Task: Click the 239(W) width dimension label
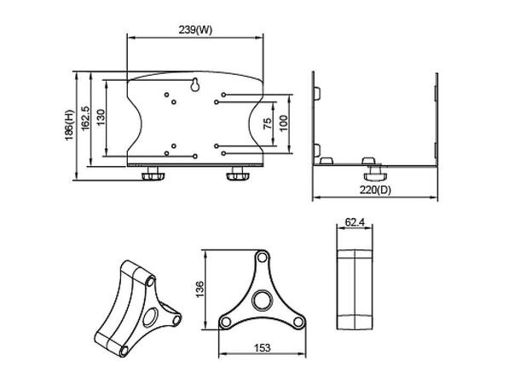click(195, 31)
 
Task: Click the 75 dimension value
click(268, 123)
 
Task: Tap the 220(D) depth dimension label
click(375, 190)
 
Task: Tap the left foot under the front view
click(154, 174)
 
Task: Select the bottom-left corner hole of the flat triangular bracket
click(226, 322)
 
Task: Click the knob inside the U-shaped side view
click(367, 161)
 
